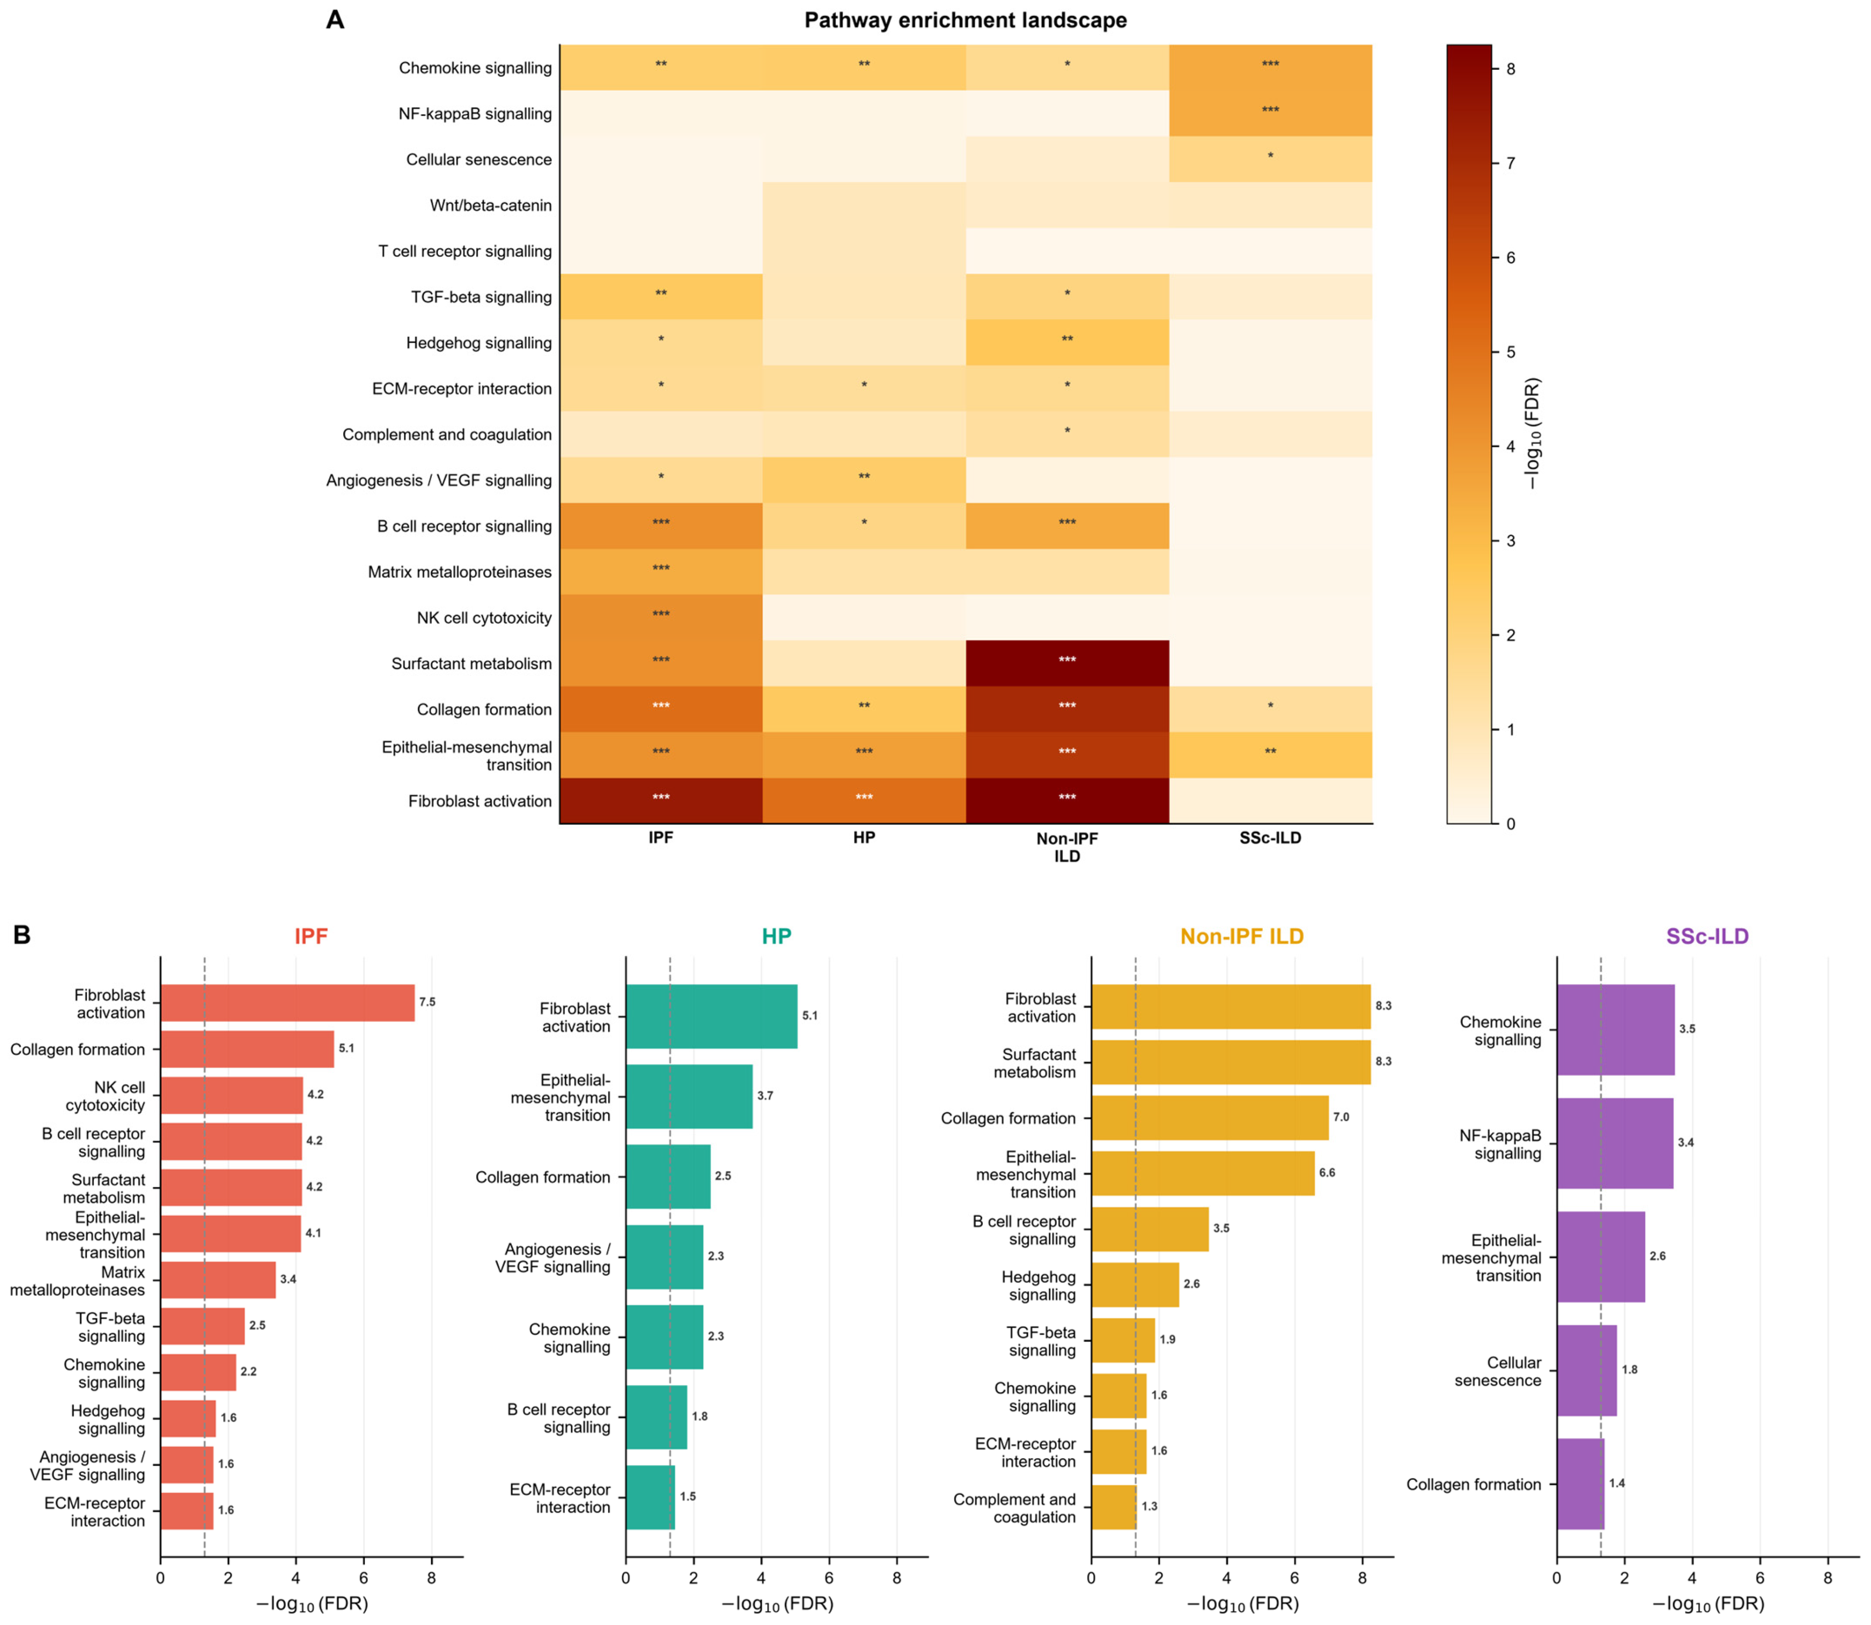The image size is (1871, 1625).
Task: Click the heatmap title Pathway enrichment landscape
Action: (x=965, y=20)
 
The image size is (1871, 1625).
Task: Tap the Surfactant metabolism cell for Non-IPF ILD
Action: (x=1067, y=663)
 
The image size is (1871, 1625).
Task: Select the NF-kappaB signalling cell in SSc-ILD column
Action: (x=1270, y=113)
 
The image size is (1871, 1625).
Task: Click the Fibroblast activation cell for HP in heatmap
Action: (x=864, y=801)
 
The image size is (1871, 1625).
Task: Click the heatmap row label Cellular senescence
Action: (x=478, y=159)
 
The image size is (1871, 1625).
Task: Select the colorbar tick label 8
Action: (x=1510, y=69)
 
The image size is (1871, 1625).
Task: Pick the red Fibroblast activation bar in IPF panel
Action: (x=287, y=1003)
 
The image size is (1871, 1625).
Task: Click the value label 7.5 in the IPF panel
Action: (x=427, y=1002)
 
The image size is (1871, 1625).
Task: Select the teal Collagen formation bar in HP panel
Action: (x=668, y=1176)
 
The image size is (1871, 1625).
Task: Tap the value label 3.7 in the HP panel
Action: (x=765, y=1096)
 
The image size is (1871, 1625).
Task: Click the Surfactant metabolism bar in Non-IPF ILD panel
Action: (x=1231, y=1062)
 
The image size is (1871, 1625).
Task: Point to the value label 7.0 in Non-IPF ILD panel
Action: (x=1341, y=1117)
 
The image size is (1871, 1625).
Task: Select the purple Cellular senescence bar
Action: (x=1586, y=1370)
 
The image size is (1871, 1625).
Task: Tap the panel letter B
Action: (x=22, y=935)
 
